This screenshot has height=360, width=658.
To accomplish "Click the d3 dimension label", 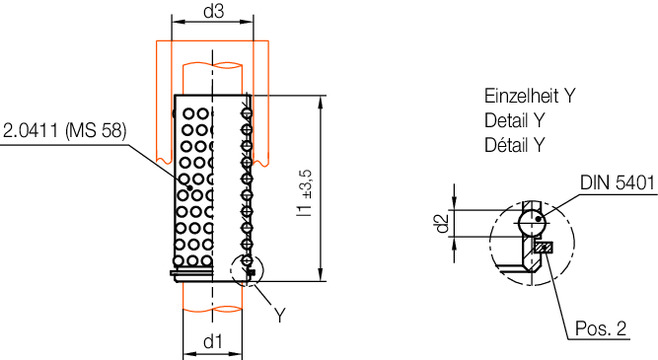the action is [214, 11].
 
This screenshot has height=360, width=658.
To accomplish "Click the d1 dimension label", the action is [213, 342].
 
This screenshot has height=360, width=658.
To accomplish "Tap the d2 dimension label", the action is [442, 223].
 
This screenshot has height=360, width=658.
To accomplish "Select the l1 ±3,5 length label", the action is [305, 193].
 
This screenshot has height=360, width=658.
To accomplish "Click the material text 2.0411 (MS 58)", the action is [65, 131].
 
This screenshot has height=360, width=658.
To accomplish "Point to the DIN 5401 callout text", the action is [617, 183].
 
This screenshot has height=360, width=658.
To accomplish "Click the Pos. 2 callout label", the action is [601, 328].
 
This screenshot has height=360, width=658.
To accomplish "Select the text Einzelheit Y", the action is [530, 96].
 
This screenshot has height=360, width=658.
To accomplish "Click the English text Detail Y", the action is [514, 121].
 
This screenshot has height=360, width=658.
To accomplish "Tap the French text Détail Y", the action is [514, 145].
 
